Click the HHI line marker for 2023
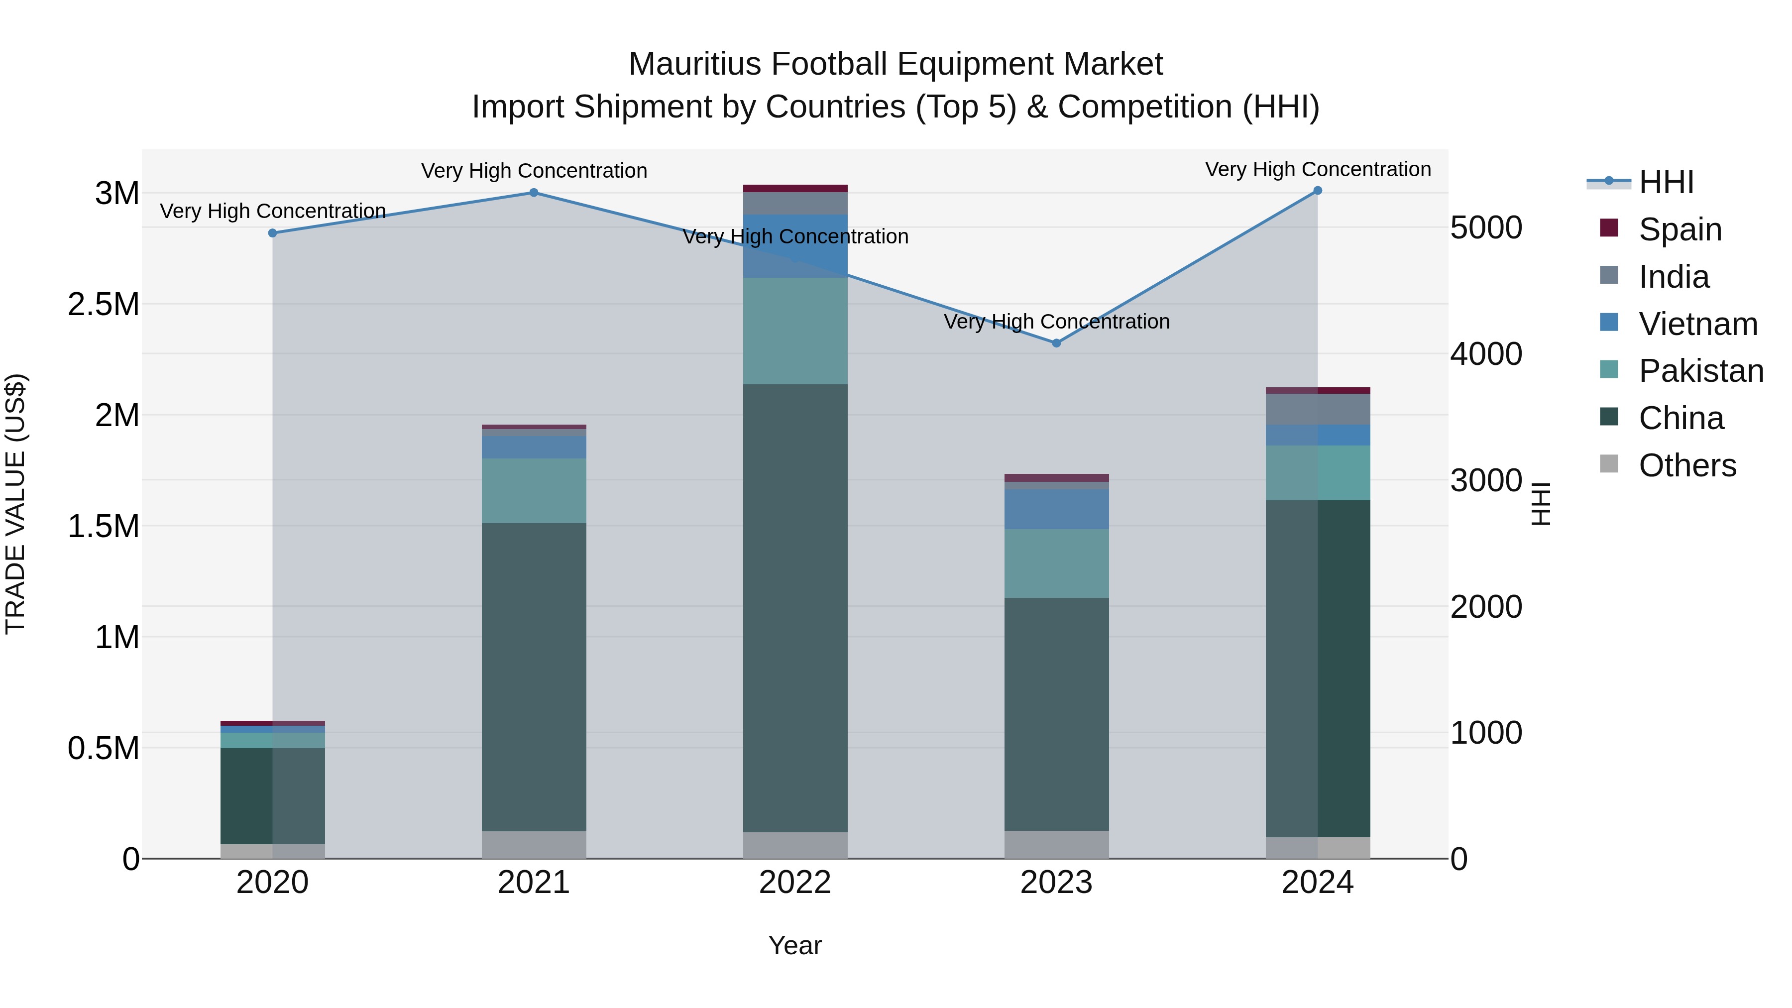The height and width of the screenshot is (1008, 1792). pos(1056,343)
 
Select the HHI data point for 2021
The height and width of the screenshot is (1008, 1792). pos(534,193)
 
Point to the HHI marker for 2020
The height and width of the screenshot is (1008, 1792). pos(273,233)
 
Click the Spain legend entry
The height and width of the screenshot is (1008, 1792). pos(1680,229)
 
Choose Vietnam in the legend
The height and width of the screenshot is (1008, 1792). pos(1697,324)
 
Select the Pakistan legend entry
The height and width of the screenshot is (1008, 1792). pos(1700,371)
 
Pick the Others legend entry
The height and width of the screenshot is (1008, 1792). pos(1687,465)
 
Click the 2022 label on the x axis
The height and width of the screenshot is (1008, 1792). pos(794,883)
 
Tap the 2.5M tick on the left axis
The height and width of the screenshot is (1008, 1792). pos(103,305)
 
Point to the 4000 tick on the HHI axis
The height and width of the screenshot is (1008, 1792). pos(1486,354)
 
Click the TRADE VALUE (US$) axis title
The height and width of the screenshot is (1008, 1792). pos(16,504)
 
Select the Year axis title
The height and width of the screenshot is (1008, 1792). pos(794,945)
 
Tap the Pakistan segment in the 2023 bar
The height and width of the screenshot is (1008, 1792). pos(1056,563)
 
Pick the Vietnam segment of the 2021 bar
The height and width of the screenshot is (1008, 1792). pos(534,448)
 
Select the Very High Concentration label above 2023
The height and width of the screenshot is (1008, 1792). pos(1056,322)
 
